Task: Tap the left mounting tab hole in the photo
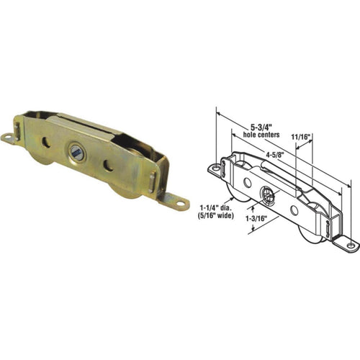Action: pos(7,136)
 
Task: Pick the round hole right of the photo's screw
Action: pos(108,166)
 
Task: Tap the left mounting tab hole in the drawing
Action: pos(215,168)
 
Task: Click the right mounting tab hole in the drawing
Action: pos(351,246)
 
